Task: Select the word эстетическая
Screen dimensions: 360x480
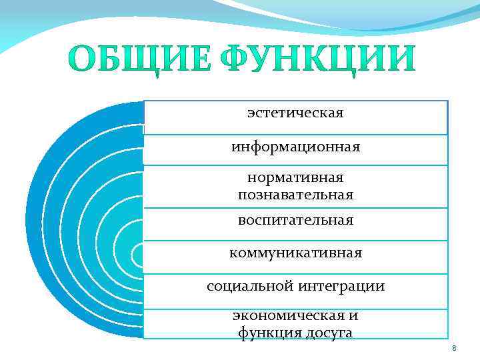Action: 295,113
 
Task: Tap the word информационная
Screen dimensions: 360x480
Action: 296,147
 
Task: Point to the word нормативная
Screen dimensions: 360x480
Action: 295,178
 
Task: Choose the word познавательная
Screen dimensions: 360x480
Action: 295,195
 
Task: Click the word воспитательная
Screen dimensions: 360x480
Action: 295,219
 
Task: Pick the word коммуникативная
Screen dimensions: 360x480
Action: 295,253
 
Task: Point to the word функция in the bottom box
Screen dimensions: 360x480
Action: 264,331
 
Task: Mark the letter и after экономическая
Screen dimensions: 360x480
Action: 353,315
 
